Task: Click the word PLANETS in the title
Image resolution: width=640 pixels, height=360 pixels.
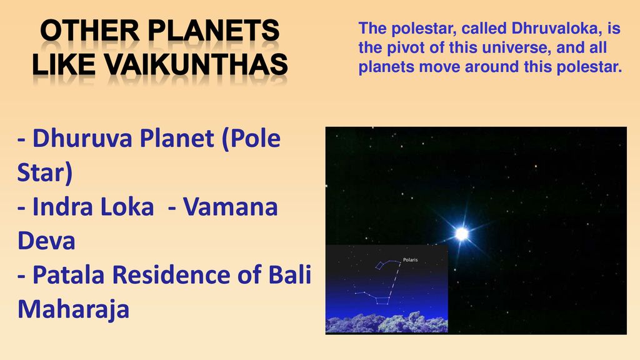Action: [x=213, y=31]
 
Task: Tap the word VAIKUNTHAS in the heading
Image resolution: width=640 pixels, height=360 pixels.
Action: [x=196, y=64]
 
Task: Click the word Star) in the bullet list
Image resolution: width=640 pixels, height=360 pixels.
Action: [x=45, y=172]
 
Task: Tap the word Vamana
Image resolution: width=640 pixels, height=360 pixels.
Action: [x=230, y=206]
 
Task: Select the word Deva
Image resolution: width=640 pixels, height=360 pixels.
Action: [x=46, y=241]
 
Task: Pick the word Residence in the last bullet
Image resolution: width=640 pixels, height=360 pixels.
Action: [x=171, y=274]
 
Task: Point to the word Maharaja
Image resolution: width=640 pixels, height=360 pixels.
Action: [x=74, y=309]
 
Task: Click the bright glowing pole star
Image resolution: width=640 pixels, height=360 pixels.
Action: [x=462, y=234]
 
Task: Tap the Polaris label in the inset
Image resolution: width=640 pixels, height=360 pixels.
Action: [x=410, y=259]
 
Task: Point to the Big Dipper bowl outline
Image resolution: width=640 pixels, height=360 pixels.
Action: [x=382, y=301]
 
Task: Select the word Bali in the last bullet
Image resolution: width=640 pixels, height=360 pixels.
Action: [x=290, y=274]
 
